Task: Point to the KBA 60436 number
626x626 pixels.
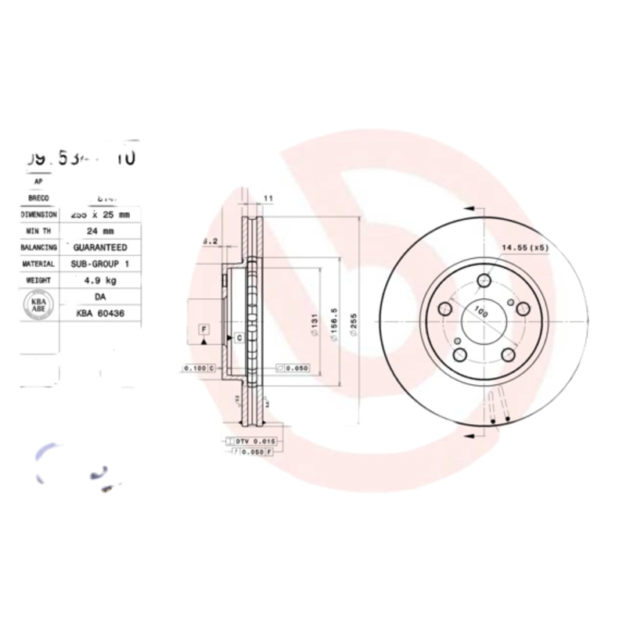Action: [x=101, y=313]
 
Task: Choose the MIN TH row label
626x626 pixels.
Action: [x=38, y=231]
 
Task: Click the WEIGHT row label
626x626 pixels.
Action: [x=38, y=279]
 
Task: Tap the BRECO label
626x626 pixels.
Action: [x=38, y=198]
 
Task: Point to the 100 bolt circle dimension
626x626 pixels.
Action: [x=480, y=313]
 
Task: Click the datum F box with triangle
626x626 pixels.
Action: [x=203, y=330]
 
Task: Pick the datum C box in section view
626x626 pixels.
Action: [x=238, y=338]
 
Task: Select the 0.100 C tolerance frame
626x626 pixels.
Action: [x=198, y=367]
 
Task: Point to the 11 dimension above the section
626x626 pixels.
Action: [x=268, y=199]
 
